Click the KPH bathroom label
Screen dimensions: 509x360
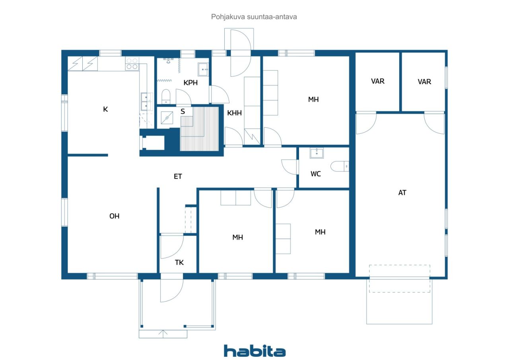pyautogui.click(x=190, y=83)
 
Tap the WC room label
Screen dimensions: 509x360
pyautogui.click(x=316, y=174)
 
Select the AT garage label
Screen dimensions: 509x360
pyautogui.click(x=402, y=193)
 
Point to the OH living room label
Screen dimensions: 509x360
pyautogui.click(x=114, y=216)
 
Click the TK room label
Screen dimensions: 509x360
pyautogui.click(x=179, y=263)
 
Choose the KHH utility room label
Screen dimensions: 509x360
pyautogui.click(x=234, y=113)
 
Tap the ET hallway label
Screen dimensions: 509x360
pyautogui.click(x=178, y=176)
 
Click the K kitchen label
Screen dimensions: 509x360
pyautogui.click(x=105, y=109)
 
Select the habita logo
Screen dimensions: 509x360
pyautogui.click(x=254, y=351)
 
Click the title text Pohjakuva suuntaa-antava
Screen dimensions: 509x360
pyautogui.click(x=254, y=17)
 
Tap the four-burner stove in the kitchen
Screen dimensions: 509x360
pyautogui.click(x=132, y=64)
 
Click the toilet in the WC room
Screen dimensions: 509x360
pyautogui.click(x=340, y=166)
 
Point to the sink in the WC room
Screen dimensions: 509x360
pyautogui.click(x=317, y=153)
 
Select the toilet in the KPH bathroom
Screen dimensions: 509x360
pyautogui.click(x=166, y=96)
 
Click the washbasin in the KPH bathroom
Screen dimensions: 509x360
pyautogui.click(x=203, y=69)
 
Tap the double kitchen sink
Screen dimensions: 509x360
pyautogui.click(x=147, y=101)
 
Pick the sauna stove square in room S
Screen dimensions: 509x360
pyautogui.click(x=167, y=118)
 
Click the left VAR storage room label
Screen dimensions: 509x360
pyautogui.click(x=378, y=82)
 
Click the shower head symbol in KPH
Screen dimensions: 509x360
pyautogui.click(x=168, y=61)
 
